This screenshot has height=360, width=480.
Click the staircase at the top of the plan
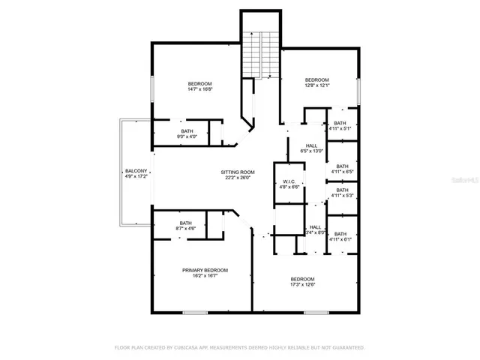259,53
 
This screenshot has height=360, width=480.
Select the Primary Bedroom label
205,269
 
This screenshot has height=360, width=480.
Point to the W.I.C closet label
289,181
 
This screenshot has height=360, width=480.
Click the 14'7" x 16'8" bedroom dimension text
199,89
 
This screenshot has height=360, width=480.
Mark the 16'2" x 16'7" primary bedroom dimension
205,275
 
